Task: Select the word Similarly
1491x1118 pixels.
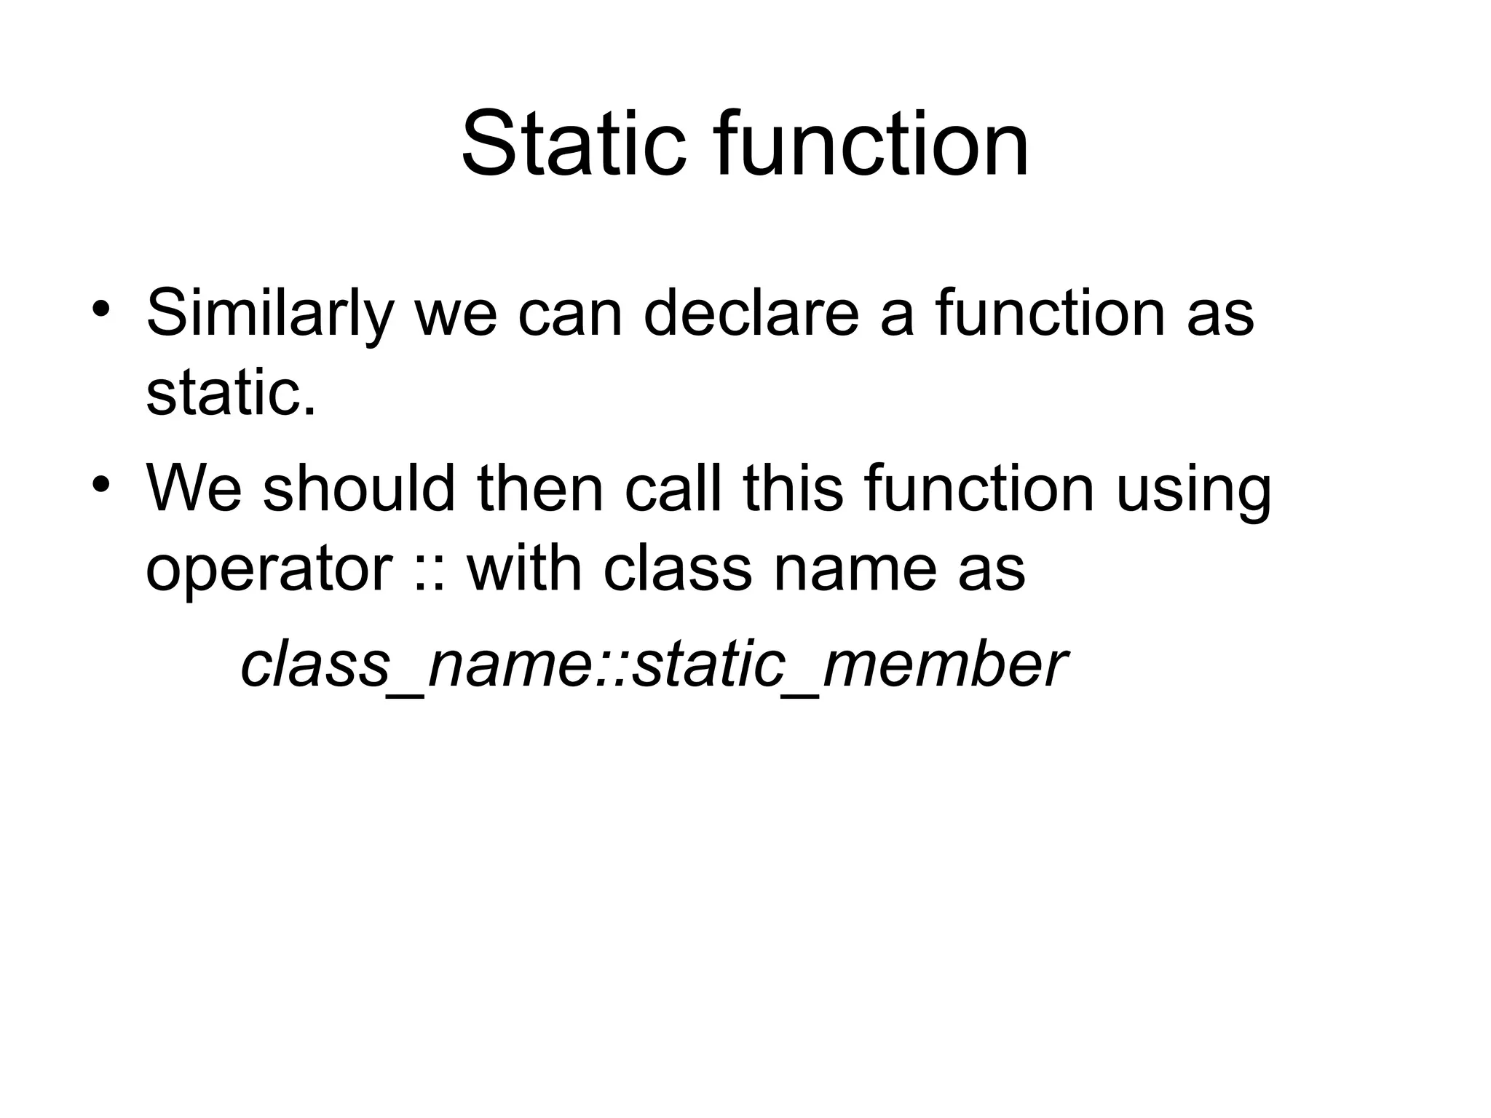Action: pos(269,314)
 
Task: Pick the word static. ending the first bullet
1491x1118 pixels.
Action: pos(232,393)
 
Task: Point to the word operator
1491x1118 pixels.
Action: pos(269,570)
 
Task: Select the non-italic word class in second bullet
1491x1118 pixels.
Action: pos(677,568)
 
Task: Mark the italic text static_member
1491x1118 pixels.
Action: pos(848,666)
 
